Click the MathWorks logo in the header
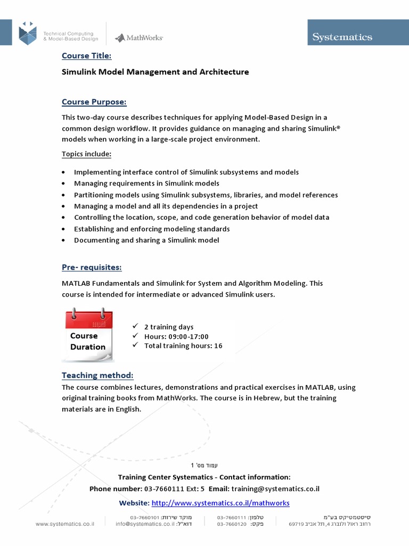point(138,37)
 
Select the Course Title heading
point(86,56)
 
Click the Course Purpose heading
point(94,102)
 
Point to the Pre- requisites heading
point(92,267)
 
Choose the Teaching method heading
point(97,375)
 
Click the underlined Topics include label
point(86,154)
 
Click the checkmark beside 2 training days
point(135,326)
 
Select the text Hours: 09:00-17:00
point(176,336)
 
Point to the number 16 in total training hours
point(218,346)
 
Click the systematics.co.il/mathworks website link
point(220,503)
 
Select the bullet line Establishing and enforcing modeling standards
point(152,229)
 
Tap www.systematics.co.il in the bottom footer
point(65,524)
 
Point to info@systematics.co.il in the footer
point(145,524)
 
